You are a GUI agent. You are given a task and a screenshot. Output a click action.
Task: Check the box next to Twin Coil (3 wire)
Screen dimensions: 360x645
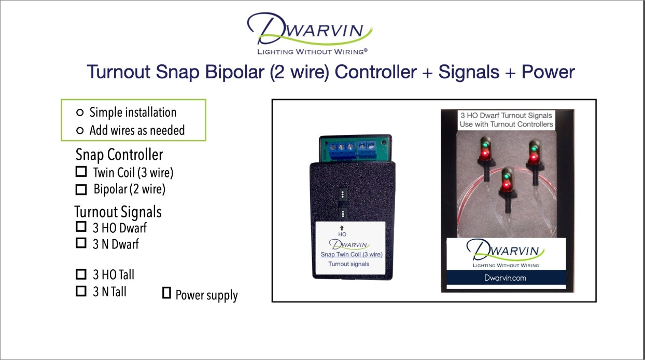81,172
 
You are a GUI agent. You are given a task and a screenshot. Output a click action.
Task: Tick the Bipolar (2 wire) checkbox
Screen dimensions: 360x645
81,189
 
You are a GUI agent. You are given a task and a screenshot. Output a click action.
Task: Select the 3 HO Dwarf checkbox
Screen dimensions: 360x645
81,227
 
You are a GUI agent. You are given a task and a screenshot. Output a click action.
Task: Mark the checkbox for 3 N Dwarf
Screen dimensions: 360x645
81,243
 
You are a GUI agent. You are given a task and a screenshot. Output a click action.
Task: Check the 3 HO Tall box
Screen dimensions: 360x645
81,274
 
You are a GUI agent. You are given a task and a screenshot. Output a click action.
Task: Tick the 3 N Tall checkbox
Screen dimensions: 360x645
81,291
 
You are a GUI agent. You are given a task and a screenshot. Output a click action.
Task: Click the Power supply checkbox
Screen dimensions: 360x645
166,293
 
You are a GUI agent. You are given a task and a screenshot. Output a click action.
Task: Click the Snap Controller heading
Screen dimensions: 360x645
119,155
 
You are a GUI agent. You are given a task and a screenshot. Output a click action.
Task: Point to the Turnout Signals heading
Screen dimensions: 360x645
118,212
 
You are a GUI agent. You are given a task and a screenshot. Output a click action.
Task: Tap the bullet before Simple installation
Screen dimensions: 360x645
79,113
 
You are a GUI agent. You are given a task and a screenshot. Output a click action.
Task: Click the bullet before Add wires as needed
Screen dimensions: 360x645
79,130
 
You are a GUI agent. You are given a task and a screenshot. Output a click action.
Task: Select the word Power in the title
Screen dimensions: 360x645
548,72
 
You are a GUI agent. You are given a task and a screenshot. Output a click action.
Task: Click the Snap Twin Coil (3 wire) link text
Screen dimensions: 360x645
351,254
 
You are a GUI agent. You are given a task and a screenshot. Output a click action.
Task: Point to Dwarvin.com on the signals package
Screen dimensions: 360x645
505,278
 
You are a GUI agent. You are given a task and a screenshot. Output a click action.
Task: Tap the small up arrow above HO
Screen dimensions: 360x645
342,228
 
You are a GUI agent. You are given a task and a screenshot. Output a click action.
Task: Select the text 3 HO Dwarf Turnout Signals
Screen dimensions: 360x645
506,115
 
